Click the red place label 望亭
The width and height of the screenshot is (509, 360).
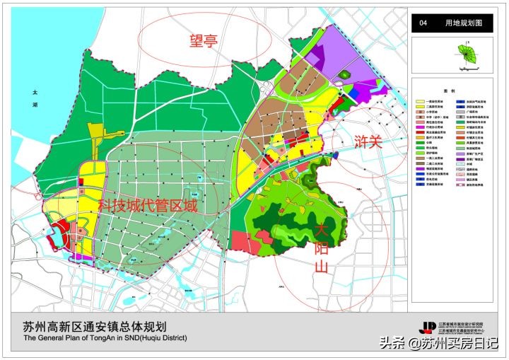coord(202,41)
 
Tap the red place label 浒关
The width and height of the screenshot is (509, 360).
coord(367,141)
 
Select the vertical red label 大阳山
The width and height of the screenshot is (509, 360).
coord(322,248)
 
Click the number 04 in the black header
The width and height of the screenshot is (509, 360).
coord(423,23)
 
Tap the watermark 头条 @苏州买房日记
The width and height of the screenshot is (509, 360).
coord(439,344)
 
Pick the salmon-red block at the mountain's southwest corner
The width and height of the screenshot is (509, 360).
coord(245,243)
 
